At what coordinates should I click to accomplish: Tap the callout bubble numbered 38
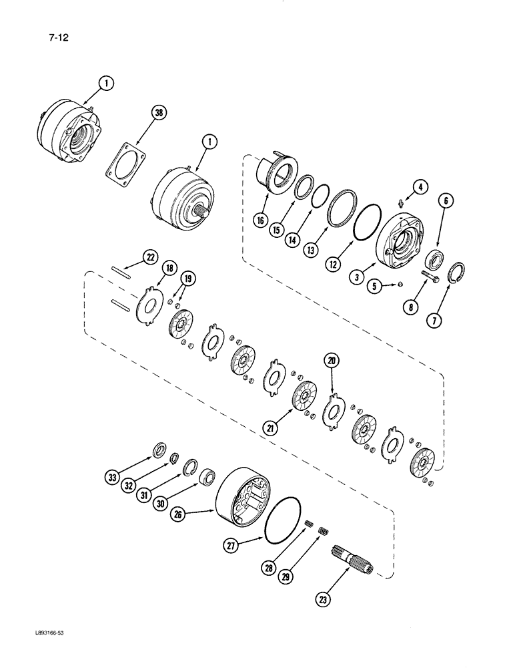[158, 114]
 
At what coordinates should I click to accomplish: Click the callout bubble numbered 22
[150, 258]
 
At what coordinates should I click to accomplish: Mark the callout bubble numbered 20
[332, 361]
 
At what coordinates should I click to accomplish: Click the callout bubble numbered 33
[113, 477]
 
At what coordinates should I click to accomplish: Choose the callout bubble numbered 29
[289, 574]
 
